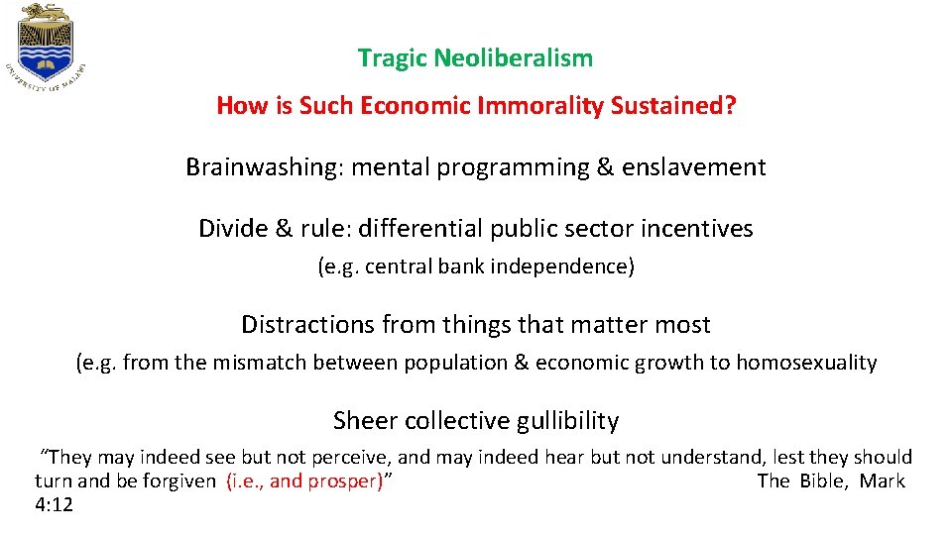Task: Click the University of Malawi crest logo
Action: tap(50, 48)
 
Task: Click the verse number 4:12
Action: tap(54, 504)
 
